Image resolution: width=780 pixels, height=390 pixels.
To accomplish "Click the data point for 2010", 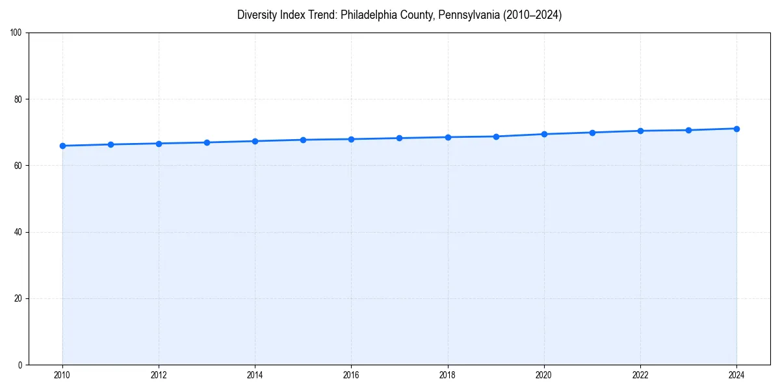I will click(62, 146).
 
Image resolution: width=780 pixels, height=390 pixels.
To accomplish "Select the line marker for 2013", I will click(207, 142).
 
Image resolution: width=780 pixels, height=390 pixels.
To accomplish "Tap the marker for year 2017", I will click(399, 138).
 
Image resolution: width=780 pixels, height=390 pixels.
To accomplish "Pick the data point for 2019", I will click(496, 136).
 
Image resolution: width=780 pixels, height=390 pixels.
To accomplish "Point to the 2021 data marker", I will click(592, 133).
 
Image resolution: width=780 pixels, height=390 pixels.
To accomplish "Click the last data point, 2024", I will click(736, 129).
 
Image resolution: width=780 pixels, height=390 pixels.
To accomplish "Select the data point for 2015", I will click(303, 140).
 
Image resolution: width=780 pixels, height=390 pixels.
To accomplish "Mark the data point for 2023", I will click(688, 130).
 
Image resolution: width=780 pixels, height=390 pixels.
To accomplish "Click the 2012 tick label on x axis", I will click(159, 375).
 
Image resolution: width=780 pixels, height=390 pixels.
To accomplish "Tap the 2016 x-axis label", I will click(351, 375).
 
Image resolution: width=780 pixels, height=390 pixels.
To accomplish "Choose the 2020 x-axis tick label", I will click(544, 375).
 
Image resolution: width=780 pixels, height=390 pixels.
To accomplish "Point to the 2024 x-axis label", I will click(736, 375).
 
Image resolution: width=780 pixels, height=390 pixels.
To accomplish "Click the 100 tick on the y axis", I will click(16, 33).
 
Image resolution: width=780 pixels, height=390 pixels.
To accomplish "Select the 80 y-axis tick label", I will click(18, 99).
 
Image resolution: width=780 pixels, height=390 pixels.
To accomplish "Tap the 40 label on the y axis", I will click(18, 232).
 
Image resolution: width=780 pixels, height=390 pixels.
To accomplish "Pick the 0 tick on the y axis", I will click(20, 365).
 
